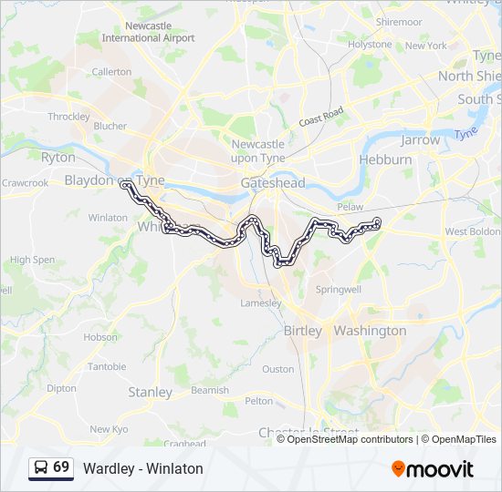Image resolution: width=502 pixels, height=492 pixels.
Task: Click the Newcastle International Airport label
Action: coord(148,33)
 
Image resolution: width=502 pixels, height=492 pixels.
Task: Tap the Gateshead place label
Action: coord(272,183)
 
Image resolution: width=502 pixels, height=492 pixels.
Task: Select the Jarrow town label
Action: coord(420,140)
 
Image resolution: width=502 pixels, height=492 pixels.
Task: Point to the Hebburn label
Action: coord(385,159)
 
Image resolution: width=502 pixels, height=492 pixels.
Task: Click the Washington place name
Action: coord(370,331)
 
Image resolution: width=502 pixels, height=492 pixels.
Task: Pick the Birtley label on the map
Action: coord(303,331)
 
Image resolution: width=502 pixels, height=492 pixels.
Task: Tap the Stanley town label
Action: coord(150,393)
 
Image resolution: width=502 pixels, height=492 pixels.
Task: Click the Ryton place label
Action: coord(58,158)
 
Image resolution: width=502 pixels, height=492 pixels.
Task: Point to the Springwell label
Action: coord(339,289)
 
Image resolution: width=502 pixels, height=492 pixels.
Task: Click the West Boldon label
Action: coord(472,232)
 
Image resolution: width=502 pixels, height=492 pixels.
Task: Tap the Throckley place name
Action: coord(68,117)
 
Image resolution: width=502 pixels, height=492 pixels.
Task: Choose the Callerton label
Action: coord(111,71)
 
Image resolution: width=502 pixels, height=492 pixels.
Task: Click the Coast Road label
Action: coord(320,117)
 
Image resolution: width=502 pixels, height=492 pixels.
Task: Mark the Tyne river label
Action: coord(466,133)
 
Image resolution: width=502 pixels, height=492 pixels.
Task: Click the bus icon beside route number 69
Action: coord(42,467)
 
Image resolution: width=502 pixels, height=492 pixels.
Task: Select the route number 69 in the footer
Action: coord(61,467)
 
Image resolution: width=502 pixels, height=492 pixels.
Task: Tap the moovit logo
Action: coord(433,469)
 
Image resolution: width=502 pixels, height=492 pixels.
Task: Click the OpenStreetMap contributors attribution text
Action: coord(348,439)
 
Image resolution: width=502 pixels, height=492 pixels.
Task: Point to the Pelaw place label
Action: coord(350,208)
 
